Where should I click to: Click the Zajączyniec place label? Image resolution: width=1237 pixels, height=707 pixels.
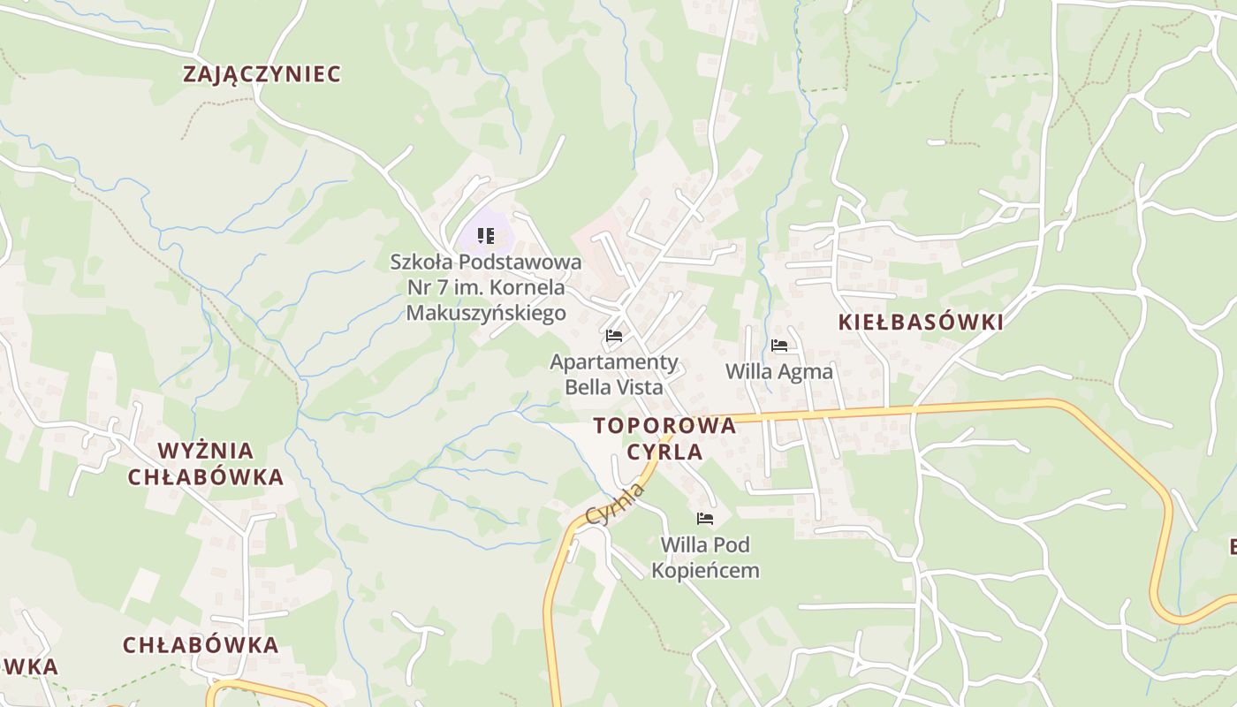click(262, 74)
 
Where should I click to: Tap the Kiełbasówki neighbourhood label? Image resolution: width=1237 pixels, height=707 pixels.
click(921, 323)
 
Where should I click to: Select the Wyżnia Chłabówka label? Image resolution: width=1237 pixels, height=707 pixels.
click(206, 464)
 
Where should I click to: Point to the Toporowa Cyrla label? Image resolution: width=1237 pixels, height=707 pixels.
click(664, 438)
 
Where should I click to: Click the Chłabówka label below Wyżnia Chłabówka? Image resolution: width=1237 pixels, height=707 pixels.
click(201, 645)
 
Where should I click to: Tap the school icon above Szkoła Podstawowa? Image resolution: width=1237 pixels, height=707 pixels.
click(485, 236)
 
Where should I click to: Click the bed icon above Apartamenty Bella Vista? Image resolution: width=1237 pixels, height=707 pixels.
click(614, 336)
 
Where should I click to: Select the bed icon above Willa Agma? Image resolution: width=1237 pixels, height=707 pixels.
click(778, 346)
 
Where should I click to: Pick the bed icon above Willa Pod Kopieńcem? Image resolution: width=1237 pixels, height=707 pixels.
click(704, 519)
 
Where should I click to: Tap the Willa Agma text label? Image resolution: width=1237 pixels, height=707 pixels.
click(778, 371)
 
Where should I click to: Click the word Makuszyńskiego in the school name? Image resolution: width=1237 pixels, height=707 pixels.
click(486, 313)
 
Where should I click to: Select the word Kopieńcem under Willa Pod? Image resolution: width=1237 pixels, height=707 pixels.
click(705, 570)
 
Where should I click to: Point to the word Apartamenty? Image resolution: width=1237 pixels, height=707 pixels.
click(614, 361)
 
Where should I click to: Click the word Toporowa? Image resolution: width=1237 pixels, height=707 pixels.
click(664, 425)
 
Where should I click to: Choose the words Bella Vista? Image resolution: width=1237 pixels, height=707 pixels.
click(614, 387)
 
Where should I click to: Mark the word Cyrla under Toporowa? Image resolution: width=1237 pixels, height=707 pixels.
click(664, 452)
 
